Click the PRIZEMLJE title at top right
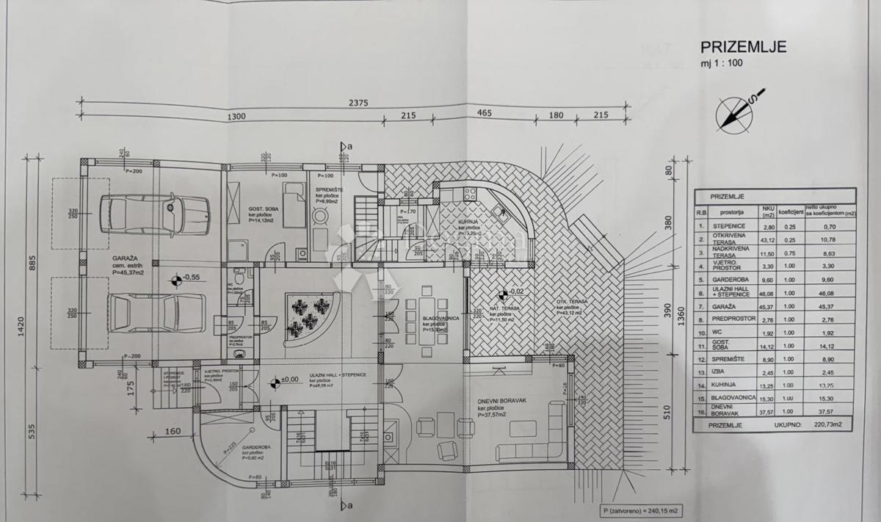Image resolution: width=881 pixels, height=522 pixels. point(744,47)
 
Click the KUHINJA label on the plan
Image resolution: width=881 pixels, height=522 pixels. point(471,227)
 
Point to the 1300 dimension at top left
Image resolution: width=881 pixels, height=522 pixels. point(237,117)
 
